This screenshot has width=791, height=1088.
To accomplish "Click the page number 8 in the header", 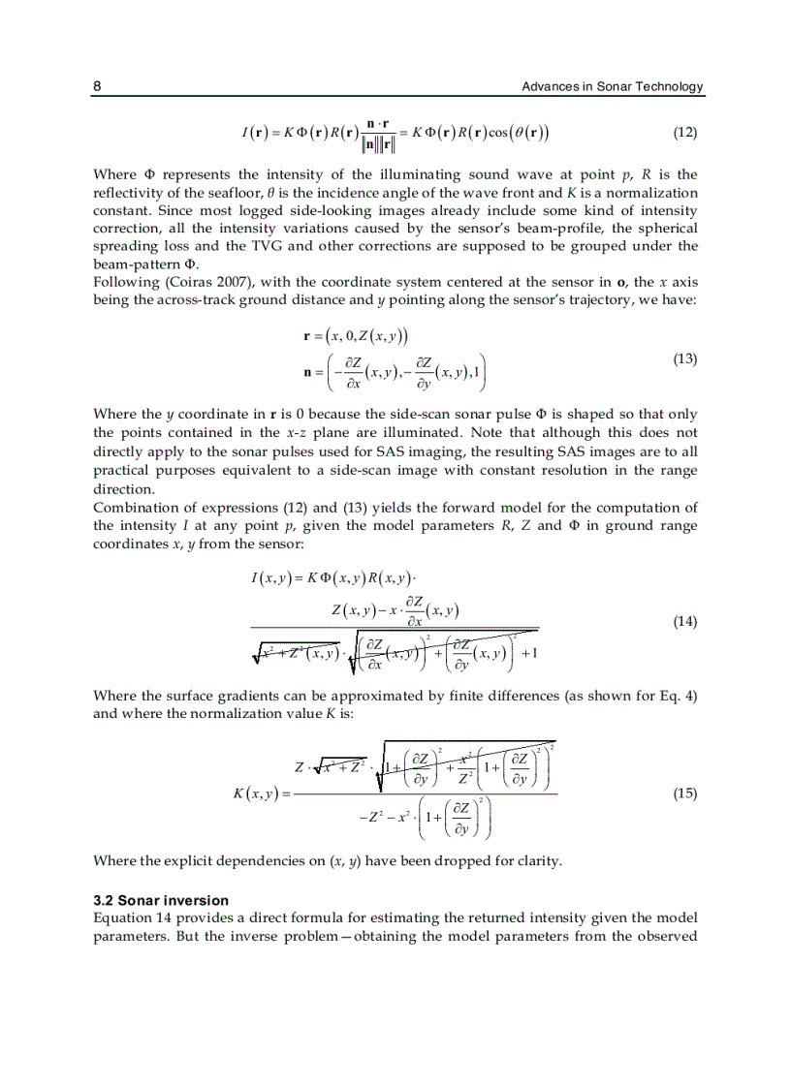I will pos(97,87).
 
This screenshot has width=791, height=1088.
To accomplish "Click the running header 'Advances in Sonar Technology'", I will pos(612,87).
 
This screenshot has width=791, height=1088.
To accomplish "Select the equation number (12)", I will pos(684,132).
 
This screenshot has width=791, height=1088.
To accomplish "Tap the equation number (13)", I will pos(684,358).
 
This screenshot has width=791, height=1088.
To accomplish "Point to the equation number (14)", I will pos(684,622).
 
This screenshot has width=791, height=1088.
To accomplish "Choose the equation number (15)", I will pos(684,793).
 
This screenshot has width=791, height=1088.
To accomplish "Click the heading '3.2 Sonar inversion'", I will pos(161,900).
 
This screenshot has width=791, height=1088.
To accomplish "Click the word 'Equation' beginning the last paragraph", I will pos(124,917).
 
